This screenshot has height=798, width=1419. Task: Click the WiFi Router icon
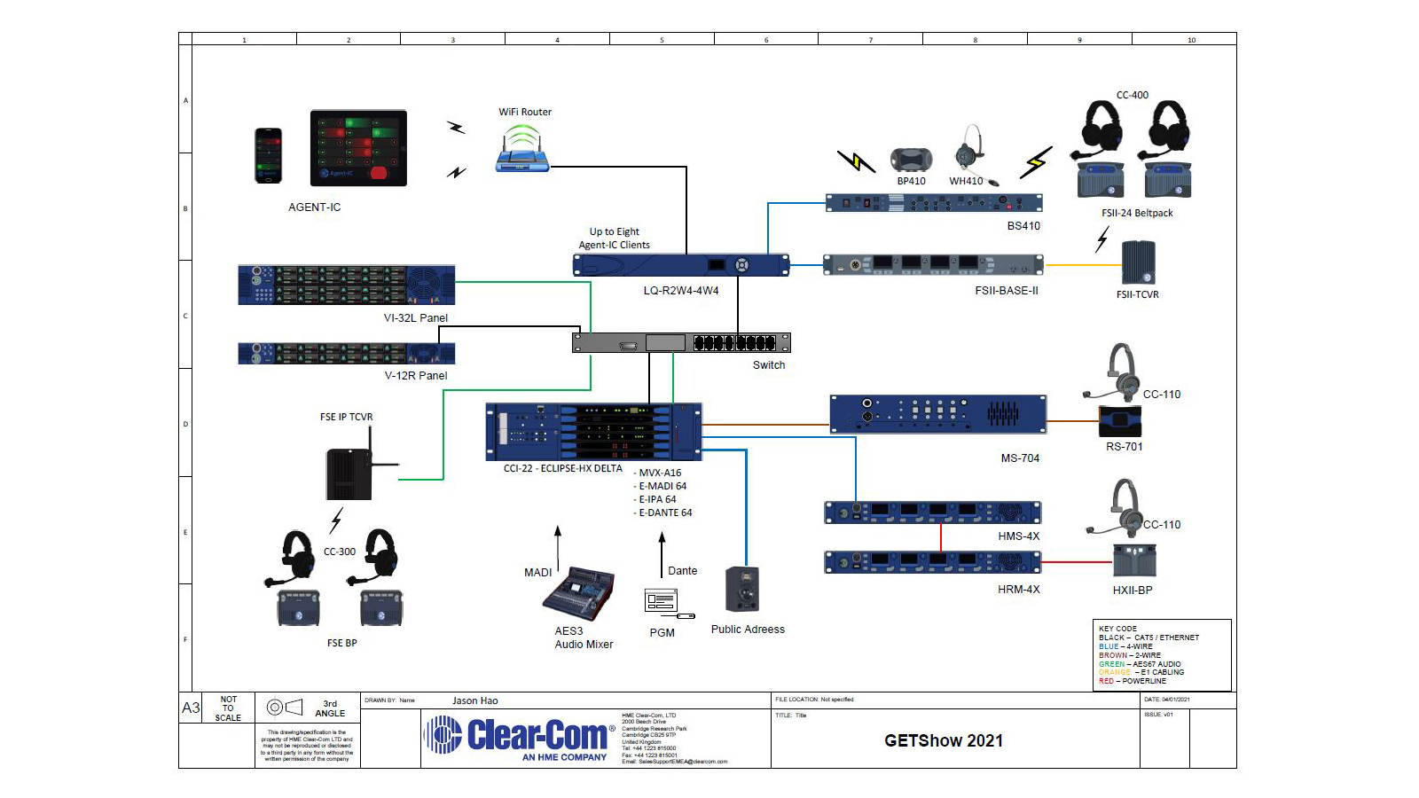coord(522,149)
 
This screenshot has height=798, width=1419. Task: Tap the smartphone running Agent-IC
coord(268,156)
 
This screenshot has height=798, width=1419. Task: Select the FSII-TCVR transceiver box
coord(1138,262)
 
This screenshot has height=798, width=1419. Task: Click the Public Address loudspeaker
coord(742,590)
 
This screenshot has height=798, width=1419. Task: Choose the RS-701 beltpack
coord(1120,421)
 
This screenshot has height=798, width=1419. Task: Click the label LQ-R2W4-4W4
coord(680,291)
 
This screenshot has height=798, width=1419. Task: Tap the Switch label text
coord(769,365)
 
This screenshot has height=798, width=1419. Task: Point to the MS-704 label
coord(1019,458)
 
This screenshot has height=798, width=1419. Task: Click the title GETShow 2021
coord(943,741)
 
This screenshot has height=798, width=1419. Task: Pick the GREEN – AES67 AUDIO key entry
coord(1140,664)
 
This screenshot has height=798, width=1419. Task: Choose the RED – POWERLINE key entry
coord(1133,682)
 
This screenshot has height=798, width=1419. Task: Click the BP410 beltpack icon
coord(911,160)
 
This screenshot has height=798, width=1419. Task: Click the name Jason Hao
coord(474,700)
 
